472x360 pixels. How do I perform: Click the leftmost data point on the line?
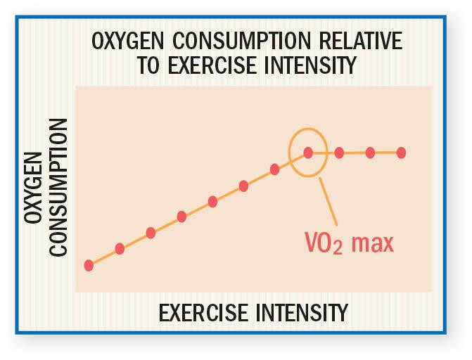[x=89, y=265]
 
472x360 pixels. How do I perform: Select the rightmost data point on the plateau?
[x=401, y=152]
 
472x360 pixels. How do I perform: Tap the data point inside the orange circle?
[x=308, y=152]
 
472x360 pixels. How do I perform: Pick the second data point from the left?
[x=120, y=248]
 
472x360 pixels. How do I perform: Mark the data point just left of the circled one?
[x=275, y=169]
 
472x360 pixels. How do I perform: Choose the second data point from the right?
[x=370, y=152]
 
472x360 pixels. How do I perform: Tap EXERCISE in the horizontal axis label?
[x=203, y=311]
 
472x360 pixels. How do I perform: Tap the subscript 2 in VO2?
[x=338, y=249]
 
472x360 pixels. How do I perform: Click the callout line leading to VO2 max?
[x=329, y=200]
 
